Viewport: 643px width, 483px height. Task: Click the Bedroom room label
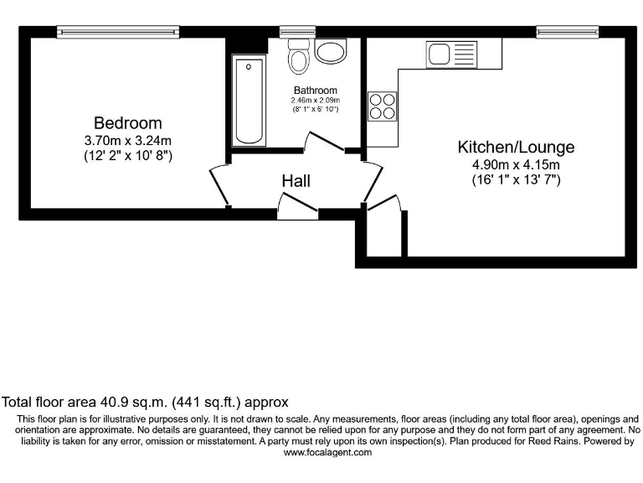tap(127, 123)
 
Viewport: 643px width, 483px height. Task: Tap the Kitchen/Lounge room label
tap(516, 147)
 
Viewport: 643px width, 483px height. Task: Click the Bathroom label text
tap(316, 91)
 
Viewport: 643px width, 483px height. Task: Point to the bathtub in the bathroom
tap(249, 101)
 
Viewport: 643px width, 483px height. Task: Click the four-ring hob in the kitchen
tap(383, 106)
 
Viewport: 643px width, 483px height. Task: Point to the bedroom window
tap(118, 32)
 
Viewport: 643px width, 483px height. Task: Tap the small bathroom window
tap(292, 32)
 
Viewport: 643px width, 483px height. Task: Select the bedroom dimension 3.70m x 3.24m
tap(128, 140)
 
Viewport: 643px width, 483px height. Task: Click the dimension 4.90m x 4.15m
tap(516, 164)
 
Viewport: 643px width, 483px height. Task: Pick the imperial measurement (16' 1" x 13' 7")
tap(516, 179)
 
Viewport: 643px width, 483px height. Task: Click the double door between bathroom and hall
tap(327, 143)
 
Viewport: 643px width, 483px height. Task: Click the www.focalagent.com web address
tap(327, 452)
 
